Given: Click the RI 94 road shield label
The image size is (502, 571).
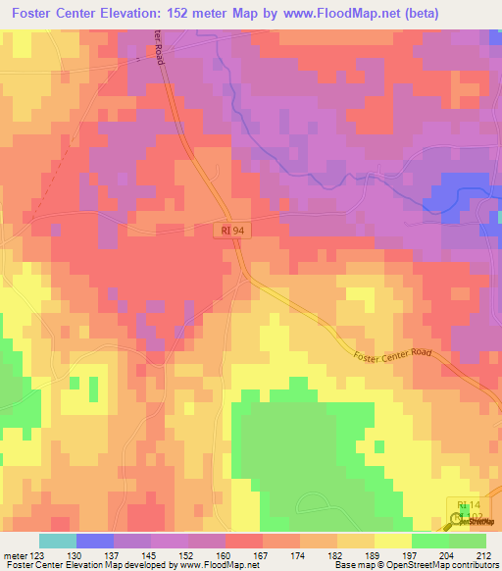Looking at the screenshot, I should point(230,230).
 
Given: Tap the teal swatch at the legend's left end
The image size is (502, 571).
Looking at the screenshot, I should point(58,542).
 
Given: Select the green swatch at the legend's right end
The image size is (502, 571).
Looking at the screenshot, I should point(467,542).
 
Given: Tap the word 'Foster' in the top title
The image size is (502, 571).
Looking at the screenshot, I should point(36,13).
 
